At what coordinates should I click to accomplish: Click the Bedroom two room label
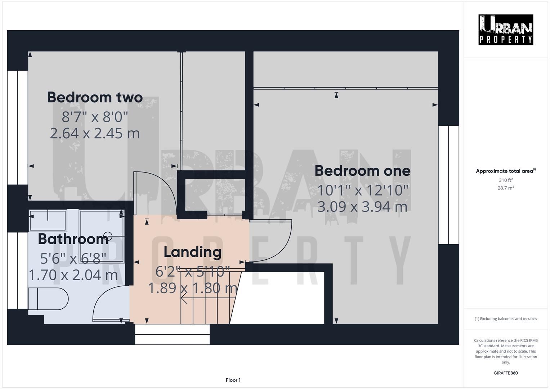point(95,98)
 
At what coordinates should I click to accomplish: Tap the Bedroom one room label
point(362,171)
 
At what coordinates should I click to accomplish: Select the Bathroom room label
point(73,239)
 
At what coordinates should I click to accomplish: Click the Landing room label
point(192,252)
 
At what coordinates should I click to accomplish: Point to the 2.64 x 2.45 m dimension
point(95,133)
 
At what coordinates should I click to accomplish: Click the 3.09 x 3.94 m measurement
point(362,207)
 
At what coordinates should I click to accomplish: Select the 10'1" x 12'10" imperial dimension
point(362,190)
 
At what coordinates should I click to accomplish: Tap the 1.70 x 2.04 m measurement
point(73,275)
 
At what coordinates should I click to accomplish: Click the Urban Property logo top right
point(505,30)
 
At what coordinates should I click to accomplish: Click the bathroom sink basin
point(48,220)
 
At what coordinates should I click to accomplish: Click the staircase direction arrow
point(184,299)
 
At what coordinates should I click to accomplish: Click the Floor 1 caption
point(233,380)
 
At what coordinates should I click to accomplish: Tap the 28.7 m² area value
point(505,188)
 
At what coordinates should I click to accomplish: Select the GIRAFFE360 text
point(505,373)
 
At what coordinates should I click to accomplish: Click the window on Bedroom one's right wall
point(448,185)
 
